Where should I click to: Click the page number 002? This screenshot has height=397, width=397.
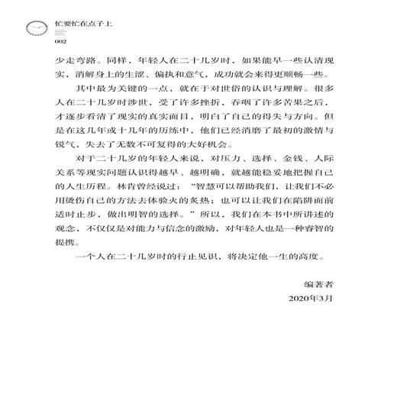tap(50, 41)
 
